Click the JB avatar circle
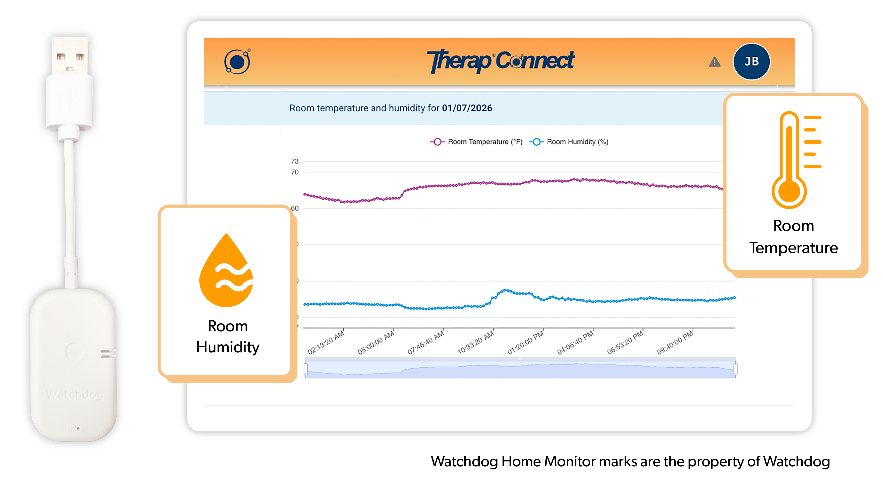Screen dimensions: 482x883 tap(751, 62)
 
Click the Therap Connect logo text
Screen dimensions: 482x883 tap(500, 61)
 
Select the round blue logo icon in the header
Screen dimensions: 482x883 tap(237, 62)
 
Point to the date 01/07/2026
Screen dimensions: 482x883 tap(467, 108)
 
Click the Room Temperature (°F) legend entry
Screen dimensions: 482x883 tap(476, 142)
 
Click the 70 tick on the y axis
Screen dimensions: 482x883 tap(294, 172)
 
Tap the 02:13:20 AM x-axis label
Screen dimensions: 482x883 tap(326, 343)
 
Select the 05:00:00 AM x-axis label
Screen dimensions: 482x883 tap(376, 343)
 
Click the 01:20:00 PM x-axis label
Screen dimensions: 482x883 tap(526, 343)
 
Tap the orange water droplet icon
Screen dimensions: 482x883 tap(226, 271)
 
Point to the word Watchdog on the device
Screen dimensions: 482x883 tap(75, 395)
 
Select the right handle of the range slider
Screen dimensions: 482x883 tap(735, 369)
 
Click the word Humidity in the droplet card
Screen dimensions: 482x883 tap(228, 347)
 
